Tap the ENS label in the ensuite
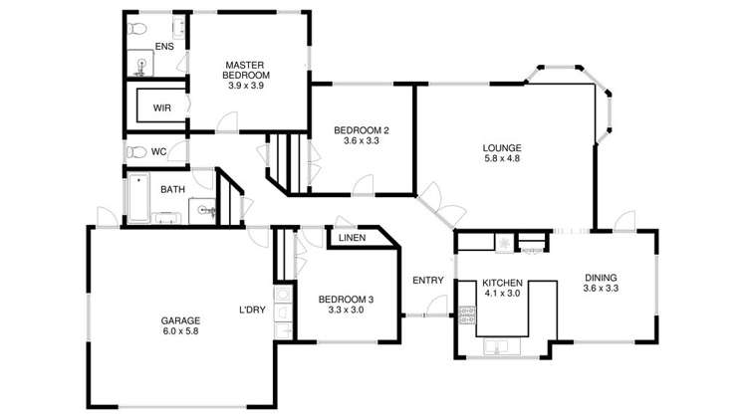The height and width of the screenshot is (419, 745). point(164,46)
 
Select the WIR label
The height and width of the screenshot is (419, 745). point(162,107)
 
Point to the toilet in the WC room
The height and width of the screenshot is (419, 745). point(135,151)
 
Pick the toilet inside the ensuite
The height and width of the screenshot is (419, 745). point(141,27)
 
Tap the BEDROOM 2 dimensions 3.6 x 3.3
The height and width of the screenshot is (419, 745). point(361,141)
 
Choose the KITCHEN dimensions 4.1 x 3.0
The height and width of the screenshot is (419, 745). point(502,295)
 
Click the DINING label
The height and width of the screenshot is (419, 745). point(601,278)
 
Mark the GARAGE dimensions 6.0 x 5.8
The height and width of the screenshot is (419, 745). point(180,333)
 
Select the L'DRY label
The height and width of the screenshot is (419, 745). point(252,310)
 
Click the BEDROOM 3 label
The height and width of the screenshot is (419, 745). point(346,300)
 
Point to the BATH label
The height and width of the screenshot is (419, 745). point(173,189)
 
